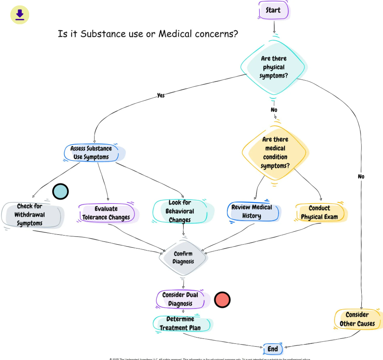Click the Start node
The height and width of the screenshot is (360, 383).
pos(273,10)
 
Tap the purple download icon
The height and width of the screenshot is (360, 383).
pos(20,15)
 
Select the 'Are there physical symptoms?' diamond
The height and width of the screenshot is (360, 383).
pos(274,67)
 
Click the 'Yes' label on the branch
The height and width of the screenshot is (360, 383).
pos(161,95)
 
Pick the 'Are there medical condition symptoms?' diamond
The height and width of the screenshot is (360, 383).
pos(275,152)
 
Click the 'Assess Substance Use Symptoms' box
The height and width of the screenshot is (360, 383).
pos(91,153)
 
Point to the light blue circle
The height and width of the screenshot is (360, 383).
pos(61,191)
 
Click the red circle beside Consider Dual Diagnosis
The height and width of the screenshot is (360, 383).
pos(222,300)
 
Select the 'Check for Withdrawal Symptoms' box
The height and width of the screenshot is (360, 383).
pos(30,215)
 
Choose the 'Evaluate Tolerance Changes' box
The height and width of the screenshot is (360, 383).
pos(106,213)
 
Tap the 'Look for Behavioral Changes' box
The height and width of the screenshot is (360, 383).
pos(180,212)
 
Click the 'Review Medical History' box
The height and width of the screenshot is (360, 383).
pos(252,212)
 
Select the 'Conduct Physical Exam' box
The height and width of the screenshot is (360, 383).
pos(320,212)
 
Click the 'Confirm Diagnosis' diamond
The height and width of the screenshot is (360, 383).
pos(183,258)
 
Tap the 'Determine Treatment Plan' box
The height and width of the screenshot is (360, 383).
pos(180,323)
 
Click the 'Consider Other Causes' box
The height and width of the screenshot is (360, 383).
pos(357,319)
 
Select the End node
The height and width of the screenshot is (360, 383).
pos(273,349)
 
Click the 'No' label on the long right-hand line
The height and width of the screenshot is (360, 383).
pos(361,176)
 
